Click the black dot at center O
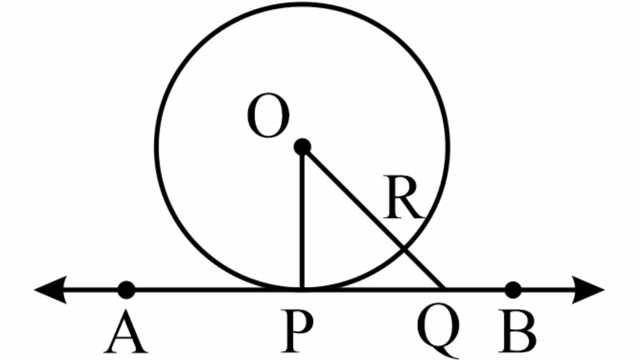302,147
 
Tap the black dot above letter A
126,289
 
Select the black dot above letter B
513,289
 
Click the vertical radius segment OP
302,220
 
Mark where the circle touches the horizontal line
302,289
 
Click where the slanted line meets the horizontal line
444,288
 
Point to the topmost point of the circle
302,4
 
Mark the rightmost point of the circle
448,147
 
